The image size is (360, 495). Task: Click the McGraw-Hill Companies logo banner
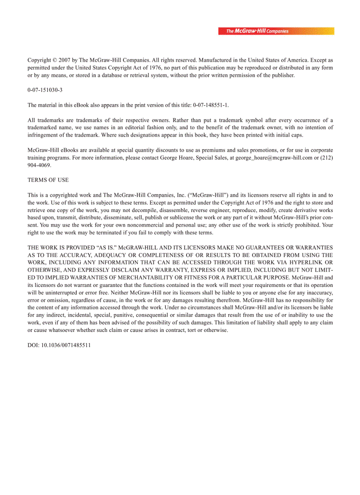276,31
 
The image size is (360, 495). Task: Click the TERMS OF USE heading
48,180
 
